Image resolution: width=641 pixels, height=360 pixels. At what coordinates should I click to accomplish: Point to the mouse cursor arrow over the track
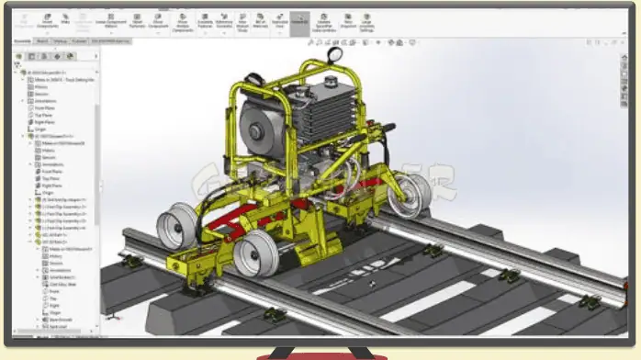coord(371,284)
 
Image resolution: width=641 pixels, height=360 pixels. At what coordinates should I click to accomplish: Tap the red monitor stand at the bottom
coord(320,354)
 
